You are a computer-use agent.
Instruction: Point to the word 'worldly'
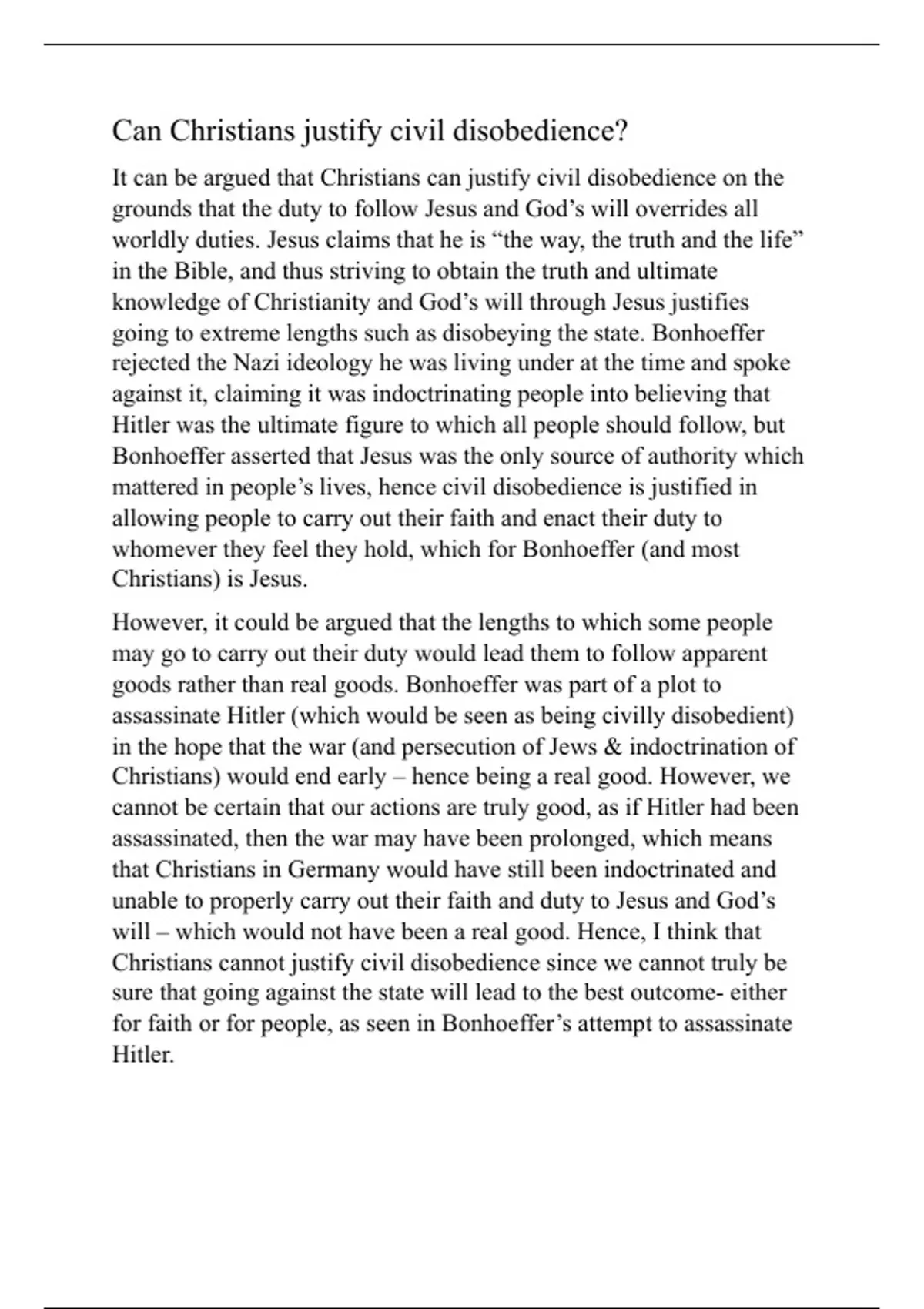[x=148, y=240]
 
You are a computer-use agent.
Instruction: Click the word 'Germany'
[x=333, y=869]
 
